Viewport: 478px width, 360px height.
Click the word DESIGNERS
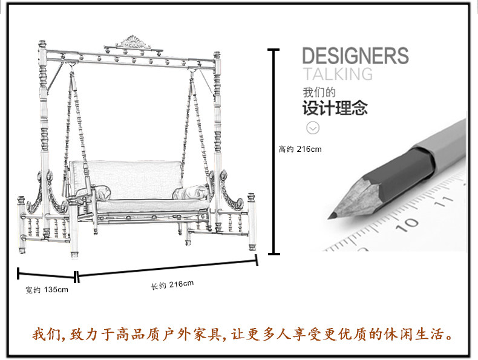355,56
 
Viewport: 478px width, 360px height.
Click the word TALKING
337,74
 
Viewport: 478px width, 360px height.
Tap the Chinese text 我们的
319,94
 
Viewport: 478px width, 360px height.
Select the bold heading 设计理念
335,110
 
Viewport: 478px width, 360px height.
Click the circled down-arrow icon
313,128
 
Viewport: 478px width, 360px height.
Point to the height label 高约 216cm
300,149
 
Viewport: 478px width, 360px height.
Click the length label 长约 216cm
172,285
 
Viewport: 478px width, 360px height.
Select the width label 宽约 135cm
47,290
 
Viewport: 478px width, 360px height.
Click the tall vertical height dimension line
275,151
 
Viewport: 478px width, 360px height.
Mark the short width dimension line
47,275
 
